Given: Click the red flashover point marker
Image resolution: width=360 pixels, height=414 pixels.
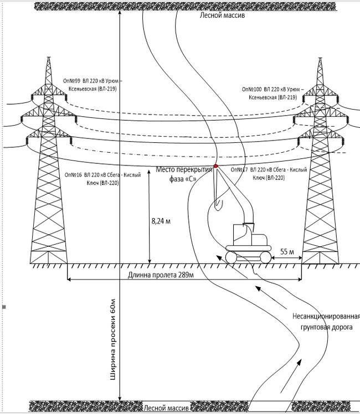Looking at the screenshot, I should coord(215,166).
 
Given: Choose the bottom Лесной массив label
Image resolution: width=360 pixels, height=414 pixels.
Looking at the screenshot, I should coord(167,408).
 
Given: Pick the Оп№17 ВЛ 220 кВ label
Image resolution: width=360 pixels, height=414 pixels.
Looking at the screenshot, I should coord(269,173).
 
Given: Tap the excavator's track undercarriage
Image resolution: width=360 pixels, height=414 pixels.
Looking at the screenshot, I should coord(249,256).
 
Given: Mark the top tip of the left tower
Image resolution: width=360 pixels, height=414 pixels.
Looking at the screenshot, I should coord(48,58).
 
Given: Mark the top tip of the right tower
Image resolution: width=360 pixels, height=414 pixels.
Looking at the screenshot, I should coord(320,58).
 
